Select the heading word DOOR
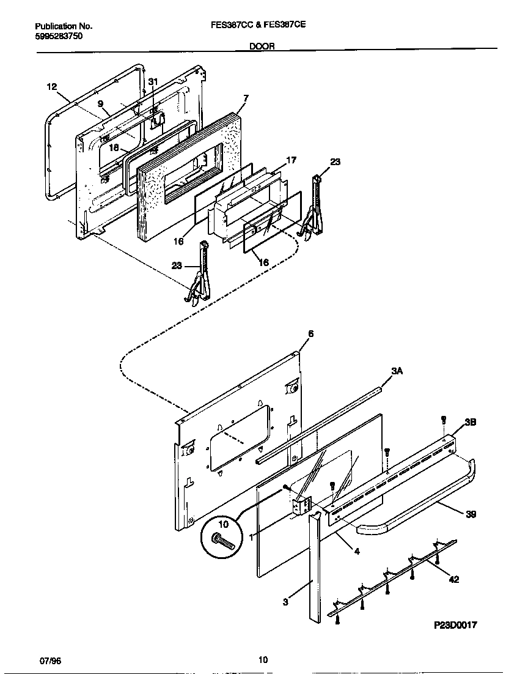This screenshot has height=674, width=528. tap(262, 46)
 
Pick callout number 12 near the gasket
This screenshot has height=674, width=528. tap(52, 87)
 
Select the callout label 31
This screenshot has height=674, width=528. tap(153, 82)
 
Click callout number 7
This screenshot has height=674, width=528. tap(246, 98)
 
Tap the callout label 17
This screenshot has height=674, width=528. tap(291, 160)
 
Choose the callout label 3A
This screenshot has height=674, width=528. tap(397, 371)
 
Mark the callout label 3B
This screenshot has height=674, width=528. tap(470, 422)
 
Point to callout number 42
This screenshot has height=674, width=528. tap(454, 579)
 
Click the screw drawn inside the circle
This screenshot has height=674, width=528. tap(222, 541)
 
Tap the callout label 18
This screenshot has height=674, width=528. tap(114, 147)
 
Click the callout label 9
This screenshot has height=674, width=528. tap(100, 104)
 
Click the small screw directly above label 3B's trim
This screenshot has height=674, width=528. tap(444, 420)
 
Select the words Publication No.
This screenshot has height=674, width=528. tap(64, 26)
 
